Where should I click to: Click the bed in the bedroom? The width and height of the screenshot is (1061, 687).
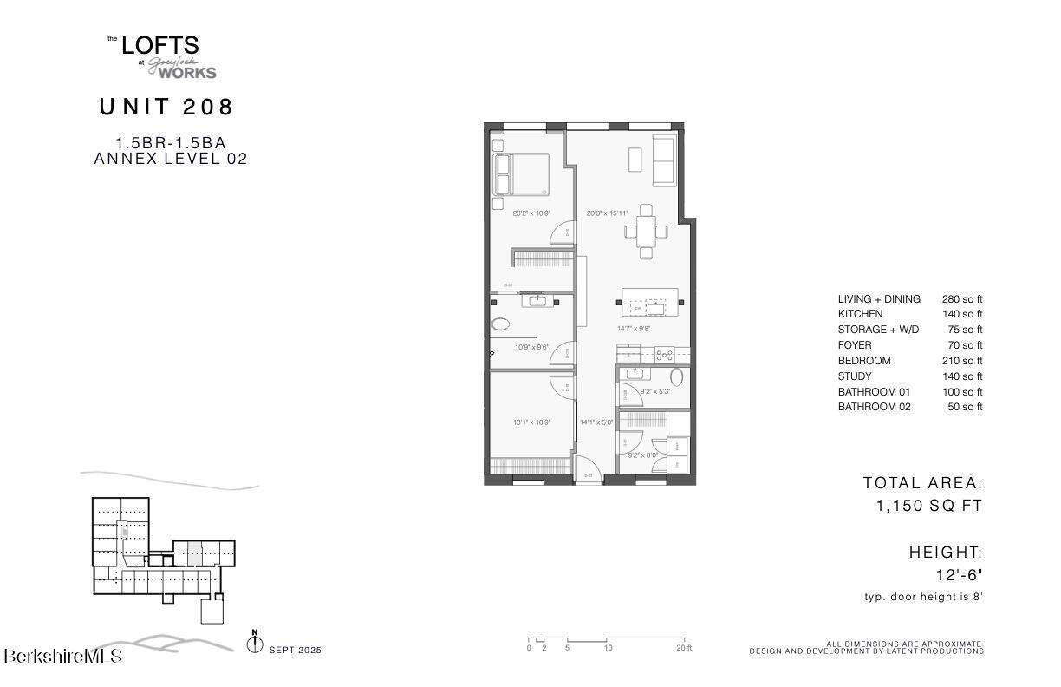(522, 174)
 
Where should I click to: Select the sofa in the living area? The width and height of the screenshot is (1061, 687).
(665, 160)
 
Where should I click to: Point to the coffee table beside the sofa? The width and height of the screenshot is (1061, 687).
(635, 160)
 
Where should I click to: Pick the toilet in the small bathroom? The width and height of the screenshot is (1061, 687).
(677, 376)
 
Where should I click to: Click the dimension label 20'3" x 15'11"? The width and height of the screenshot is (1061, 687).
(607, 213)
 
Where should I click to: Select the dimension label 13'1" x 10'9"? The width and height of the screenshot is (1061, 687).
(532, 423)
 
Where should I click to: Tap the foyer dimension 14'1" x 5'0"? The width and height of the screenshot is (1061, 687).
(596, 423)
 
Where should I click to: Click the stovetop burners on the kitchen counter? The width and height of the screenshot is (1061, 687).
(664, 354)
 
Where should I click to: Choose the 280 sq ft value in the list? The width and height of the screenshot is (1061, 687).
(962, 299)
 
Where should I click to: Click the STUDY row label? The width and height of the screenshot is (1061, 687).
(854, 376)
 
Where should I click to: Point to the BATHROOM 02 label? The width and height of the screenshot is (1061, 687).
(874, 407)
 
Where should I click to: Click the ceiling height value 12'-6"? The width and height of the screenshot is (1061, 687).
(959, 574)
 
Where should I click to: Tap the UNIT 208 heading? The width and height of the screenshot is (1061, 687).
(166, 107)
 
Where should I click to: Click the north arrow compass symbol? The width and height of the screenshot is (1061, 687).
(255, 644)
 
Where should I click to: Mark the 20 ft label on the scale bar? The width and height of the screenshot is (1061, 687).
(684, 649)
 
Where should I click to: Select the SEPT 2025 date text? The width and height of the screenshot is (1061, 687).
(296, 650)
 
